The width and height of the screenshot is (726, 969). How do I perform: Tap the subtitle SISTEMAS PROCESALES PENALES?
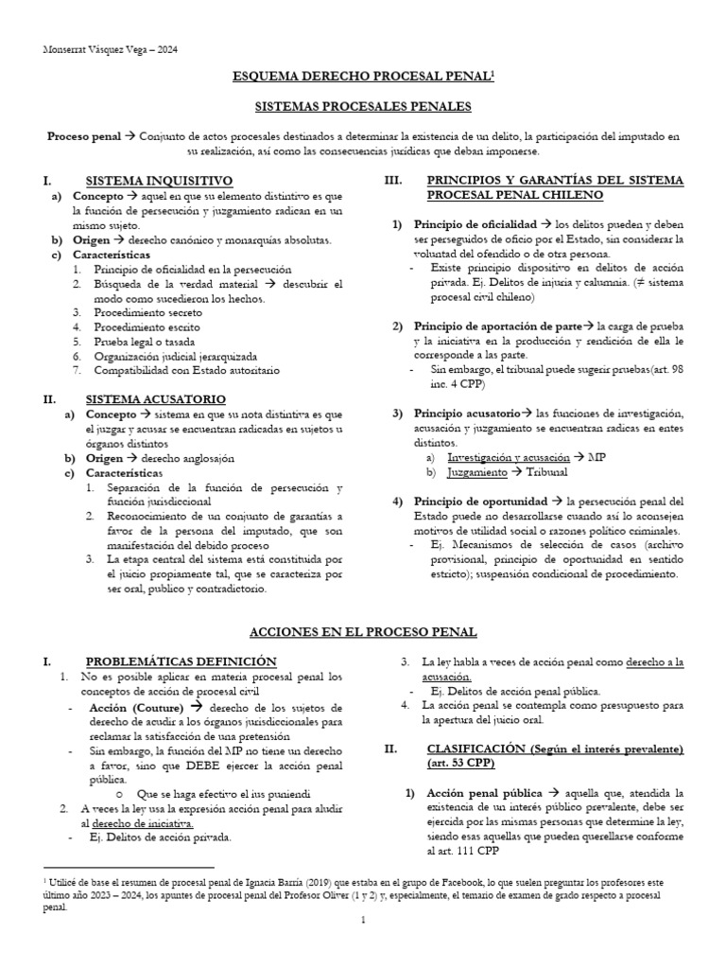pos(363,107)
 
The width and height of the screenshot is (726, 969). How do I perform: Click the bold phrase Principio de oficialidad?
pos(475,225)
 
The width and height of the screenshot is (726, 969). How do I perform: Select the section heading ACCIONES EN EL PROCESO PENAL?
pos(362,631)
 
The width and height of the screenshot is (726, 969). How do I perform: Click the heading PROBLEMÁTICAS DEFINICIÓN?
pos(181,661)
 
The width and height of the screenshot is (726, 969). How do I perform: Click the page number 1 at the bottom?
pos(362,944)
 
